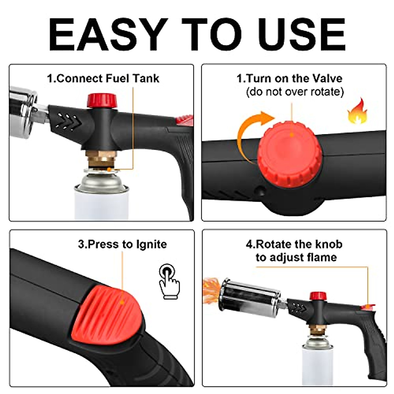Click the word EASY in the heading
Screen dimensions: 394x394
tap(108, 34)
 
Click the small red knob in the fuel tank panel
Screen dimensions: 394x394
tap(102, 100)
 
